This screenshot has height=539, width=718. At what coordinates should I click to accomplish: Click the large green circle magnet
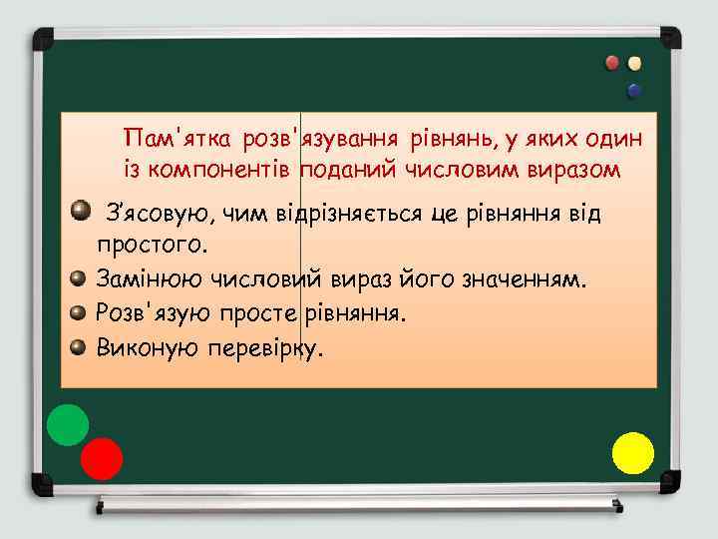68,424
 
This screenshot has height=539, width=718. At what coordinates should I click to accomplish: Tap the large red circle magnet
101,459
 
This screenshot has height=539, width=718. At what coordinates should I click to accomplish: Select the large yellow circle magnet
632,452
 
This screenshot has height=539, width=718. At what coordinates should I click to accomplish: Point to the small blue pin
633,91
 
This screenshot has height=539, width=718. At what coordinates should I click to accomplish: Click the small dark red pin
612,63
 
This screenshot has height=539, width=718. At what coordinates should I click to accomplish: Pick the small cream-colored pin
634,63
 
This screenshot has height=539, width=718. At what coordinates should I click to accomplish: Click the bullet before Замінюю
77,278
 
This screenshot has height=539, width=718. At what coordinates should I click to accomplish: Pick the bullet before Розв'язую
77,312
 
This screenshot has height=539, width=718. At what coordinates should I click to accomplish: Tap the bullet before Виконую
77,346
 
